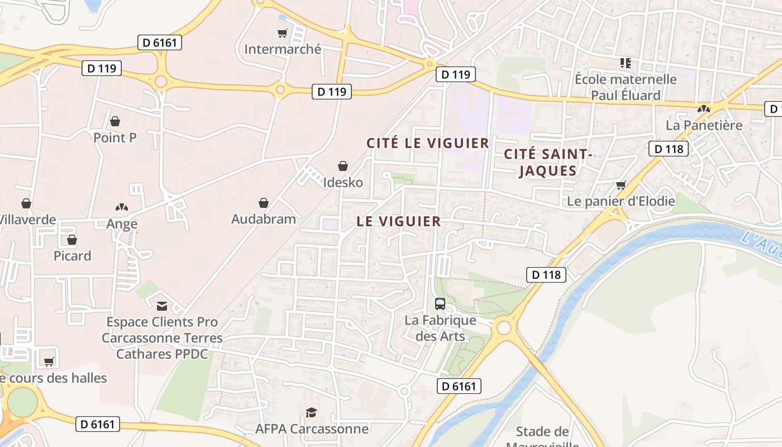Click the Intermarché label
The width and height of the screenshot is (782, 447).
click(283, 49)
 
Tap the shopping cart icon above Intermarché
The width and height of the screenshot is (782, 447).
click(283, 34)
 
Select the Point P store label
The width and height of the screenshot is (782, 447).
click(115, 137)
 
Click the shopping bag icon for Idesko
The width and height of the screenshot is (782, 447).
click(343, 166)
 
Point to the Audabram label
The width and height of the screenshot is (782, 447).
click(264, 218)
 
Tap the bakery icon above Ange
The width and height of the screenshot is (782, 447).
click(122, 207)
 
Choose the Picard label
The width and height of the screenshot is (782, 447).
click(72, 256)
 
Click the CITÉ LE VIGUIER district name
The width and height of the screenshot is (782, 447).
click(428, 143)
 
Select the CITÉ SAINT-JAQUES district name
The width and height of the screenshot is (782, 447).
click(547, 162)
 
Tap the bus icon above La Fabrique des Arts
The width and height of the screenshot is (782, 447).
click(440, 304)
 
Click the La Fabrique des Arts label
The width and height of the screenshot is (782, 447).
click(440, 329)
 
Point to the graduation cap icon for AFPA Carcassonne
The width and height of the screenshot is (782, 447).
click(311, 412)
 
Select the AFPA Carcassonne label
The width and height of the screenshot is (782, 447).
click(312, 429)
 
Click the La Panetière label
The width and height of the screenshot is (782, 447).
click(704, 125)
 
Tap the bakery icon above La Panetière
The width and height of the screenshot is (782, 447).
click(704, 108)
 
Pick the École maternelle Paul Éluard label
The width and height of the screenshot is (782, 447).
click(626, 87)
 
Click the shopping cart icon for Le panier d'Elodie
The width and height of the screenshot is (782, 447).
click(621, 185)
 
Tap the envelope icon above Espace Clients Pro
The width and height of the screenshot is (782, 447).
click(162, 306)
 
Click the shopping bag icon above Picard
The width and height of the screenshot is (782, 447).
click(72, 240)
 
